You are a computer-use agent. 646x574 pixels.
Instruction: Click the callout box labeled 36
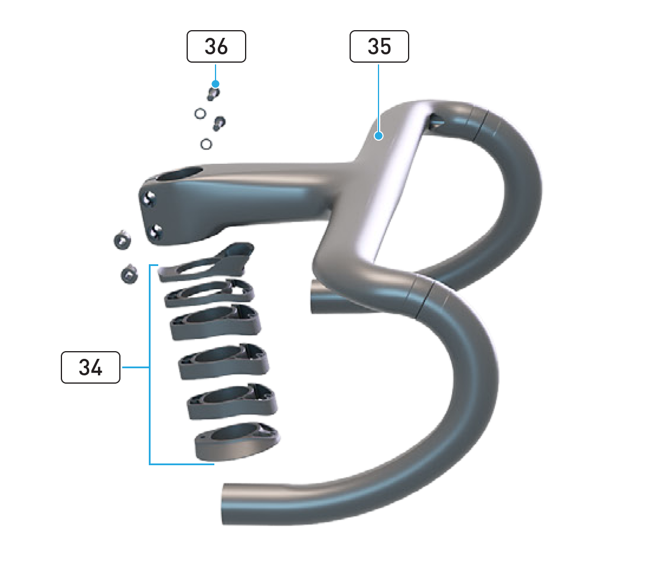216,46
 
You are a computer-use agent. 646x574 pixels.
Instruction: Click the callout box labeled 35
379,46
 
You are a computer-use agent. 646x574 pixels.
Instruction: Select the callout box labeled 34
90,367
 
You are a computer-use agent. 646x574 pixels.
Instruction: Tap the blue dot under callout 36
215,84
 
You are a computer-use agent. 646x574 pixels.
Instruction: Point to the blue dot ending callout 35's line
379,135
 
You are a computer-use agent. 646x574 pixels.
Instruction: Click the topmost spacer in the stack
206,264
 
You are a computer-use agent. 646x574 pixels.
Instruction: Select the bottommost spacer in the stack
237,441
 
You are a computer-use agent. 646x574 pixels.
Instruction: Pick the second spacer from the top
209,294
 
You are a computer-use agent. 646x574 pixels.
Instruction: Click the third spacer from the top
216,322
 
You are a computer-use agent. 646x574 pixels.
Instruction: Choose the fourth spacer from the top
224,362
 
